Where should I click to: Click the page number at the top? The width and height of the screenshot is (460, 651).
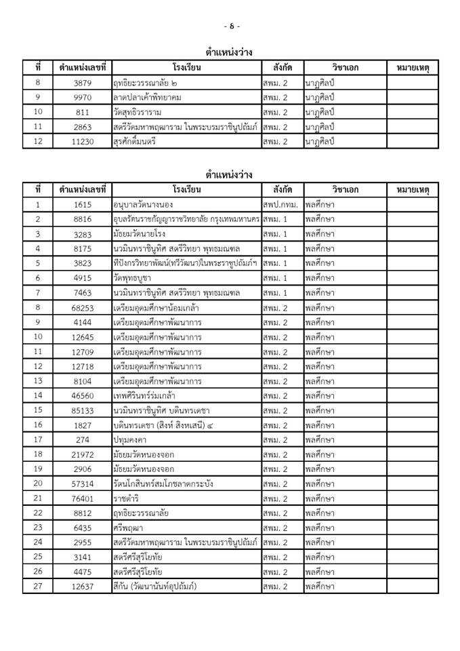(x=231, y=26)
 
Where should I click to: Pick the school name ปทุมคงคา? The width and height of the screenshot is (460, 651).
(x=132, y=439)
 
